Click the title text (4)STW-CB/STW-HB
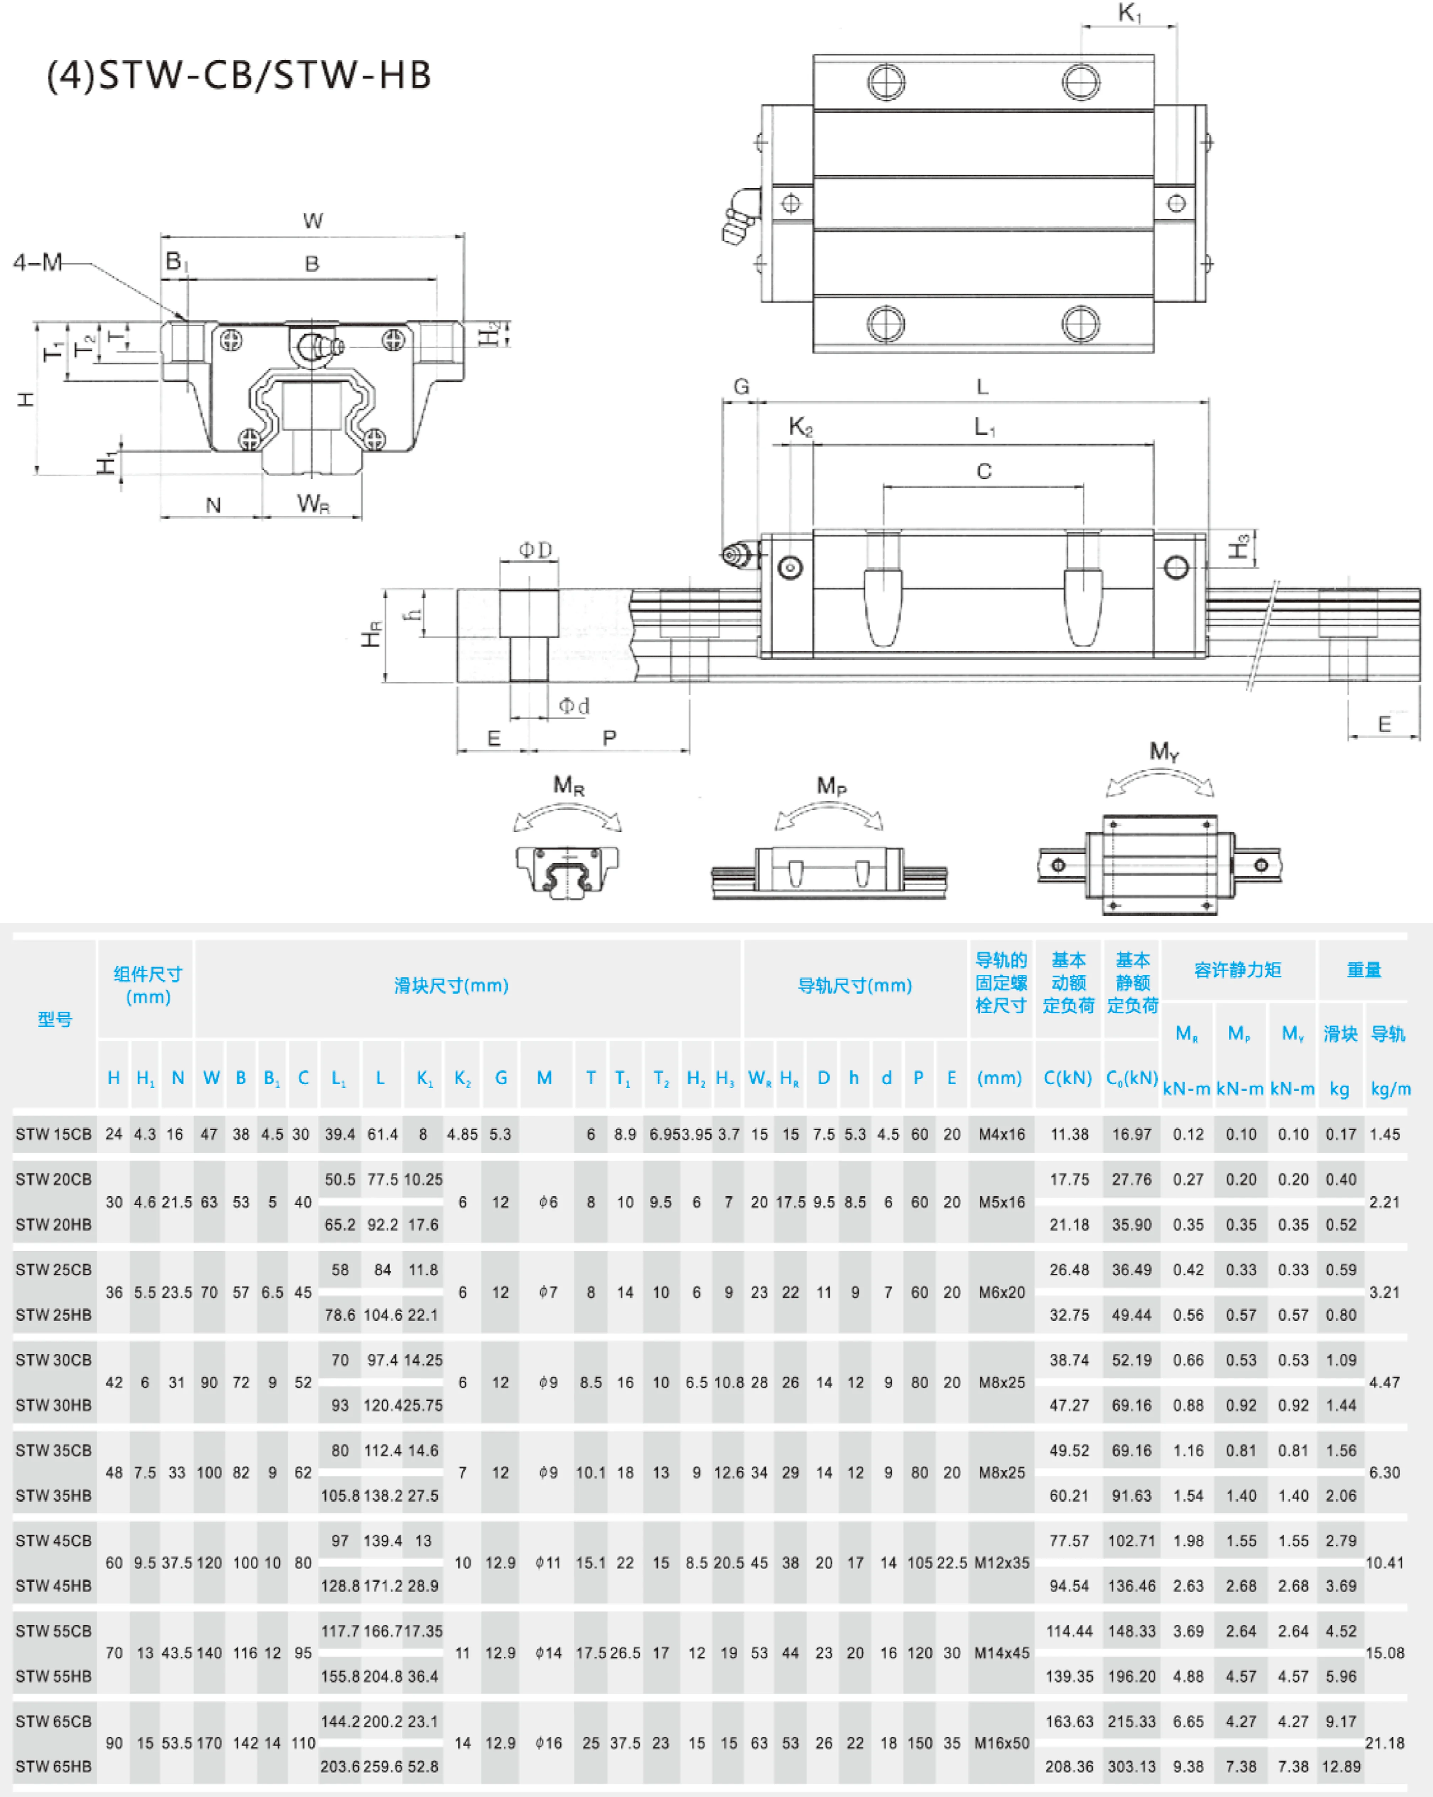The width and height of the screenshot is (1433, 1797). click(x=239, y=75)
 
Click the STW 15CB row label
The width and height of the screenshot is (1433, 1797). click(x=53, y=1134)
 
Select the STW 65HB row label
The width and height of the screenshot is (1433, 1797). click(x=53, y=1766)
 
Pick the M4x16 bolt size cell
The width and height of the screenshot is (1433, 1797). click(x=1002, y=1134)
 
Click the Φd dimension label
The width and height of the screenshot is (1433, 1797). click(x=574, y=706)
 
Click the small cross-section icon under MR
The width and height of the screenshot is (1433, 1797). click(x=567, y=871)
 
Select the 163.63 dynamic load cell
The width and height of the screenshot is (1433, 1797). click(x=1069, y=1721)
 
